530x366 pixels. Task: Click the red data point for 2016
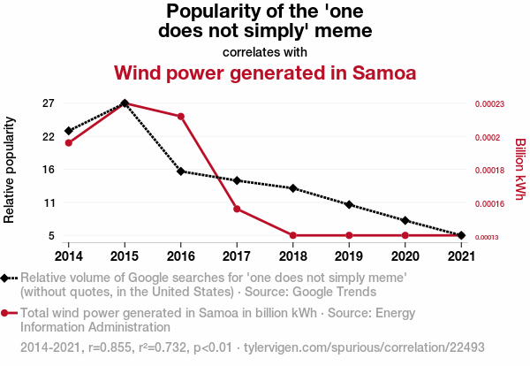pos(181,116)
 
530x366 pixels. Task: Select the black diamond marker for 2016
pos(181,172)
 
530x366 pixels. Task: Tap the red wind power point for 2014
pos(69,142)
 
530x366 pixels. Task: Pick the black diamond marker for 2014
pos(69,131)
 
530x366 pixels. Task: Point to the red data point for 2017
pos(237,209)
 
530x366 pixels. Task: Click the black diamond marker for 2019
pos(349,204)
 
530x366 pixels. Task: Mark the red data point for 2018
pos(292,235)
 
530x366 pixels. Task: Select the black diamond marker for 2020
pos(405,220)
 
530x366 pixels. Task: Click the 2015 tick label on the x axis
pos(125,256)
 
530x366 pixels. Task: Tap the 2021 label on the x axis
pos(460,256)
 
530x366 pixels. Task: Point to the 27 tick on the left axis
pos(49,103)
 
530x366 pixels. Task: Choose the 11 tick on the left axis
pos(49,202)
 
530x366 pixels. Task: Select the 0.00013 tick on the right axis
pos(489,237)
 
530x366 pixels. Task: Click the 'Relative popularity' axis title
pos(11,170)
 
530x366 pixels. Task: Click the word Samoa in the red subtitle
pos(377,72)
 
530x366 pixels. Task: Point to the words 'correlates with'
pos(265,51)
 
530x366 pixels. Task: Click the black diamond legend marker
pos(8,278)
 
